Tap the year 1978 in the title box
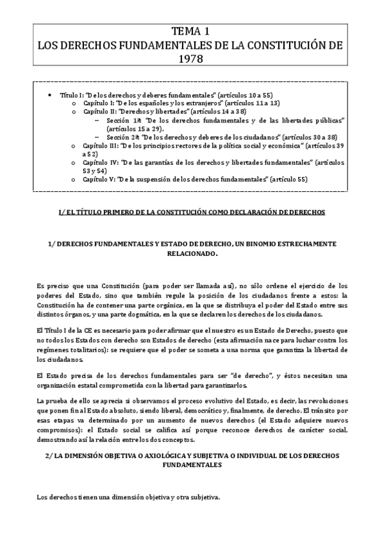click(x=191, y=58)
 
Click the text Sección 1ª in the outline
click(x=122, y=120)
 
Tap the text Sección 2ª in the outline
click(x=122, y=137)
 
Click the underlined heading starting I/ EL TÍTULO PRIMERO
click(x=192, y=211)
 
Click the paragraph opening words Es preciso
click(x=51, y=285)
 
